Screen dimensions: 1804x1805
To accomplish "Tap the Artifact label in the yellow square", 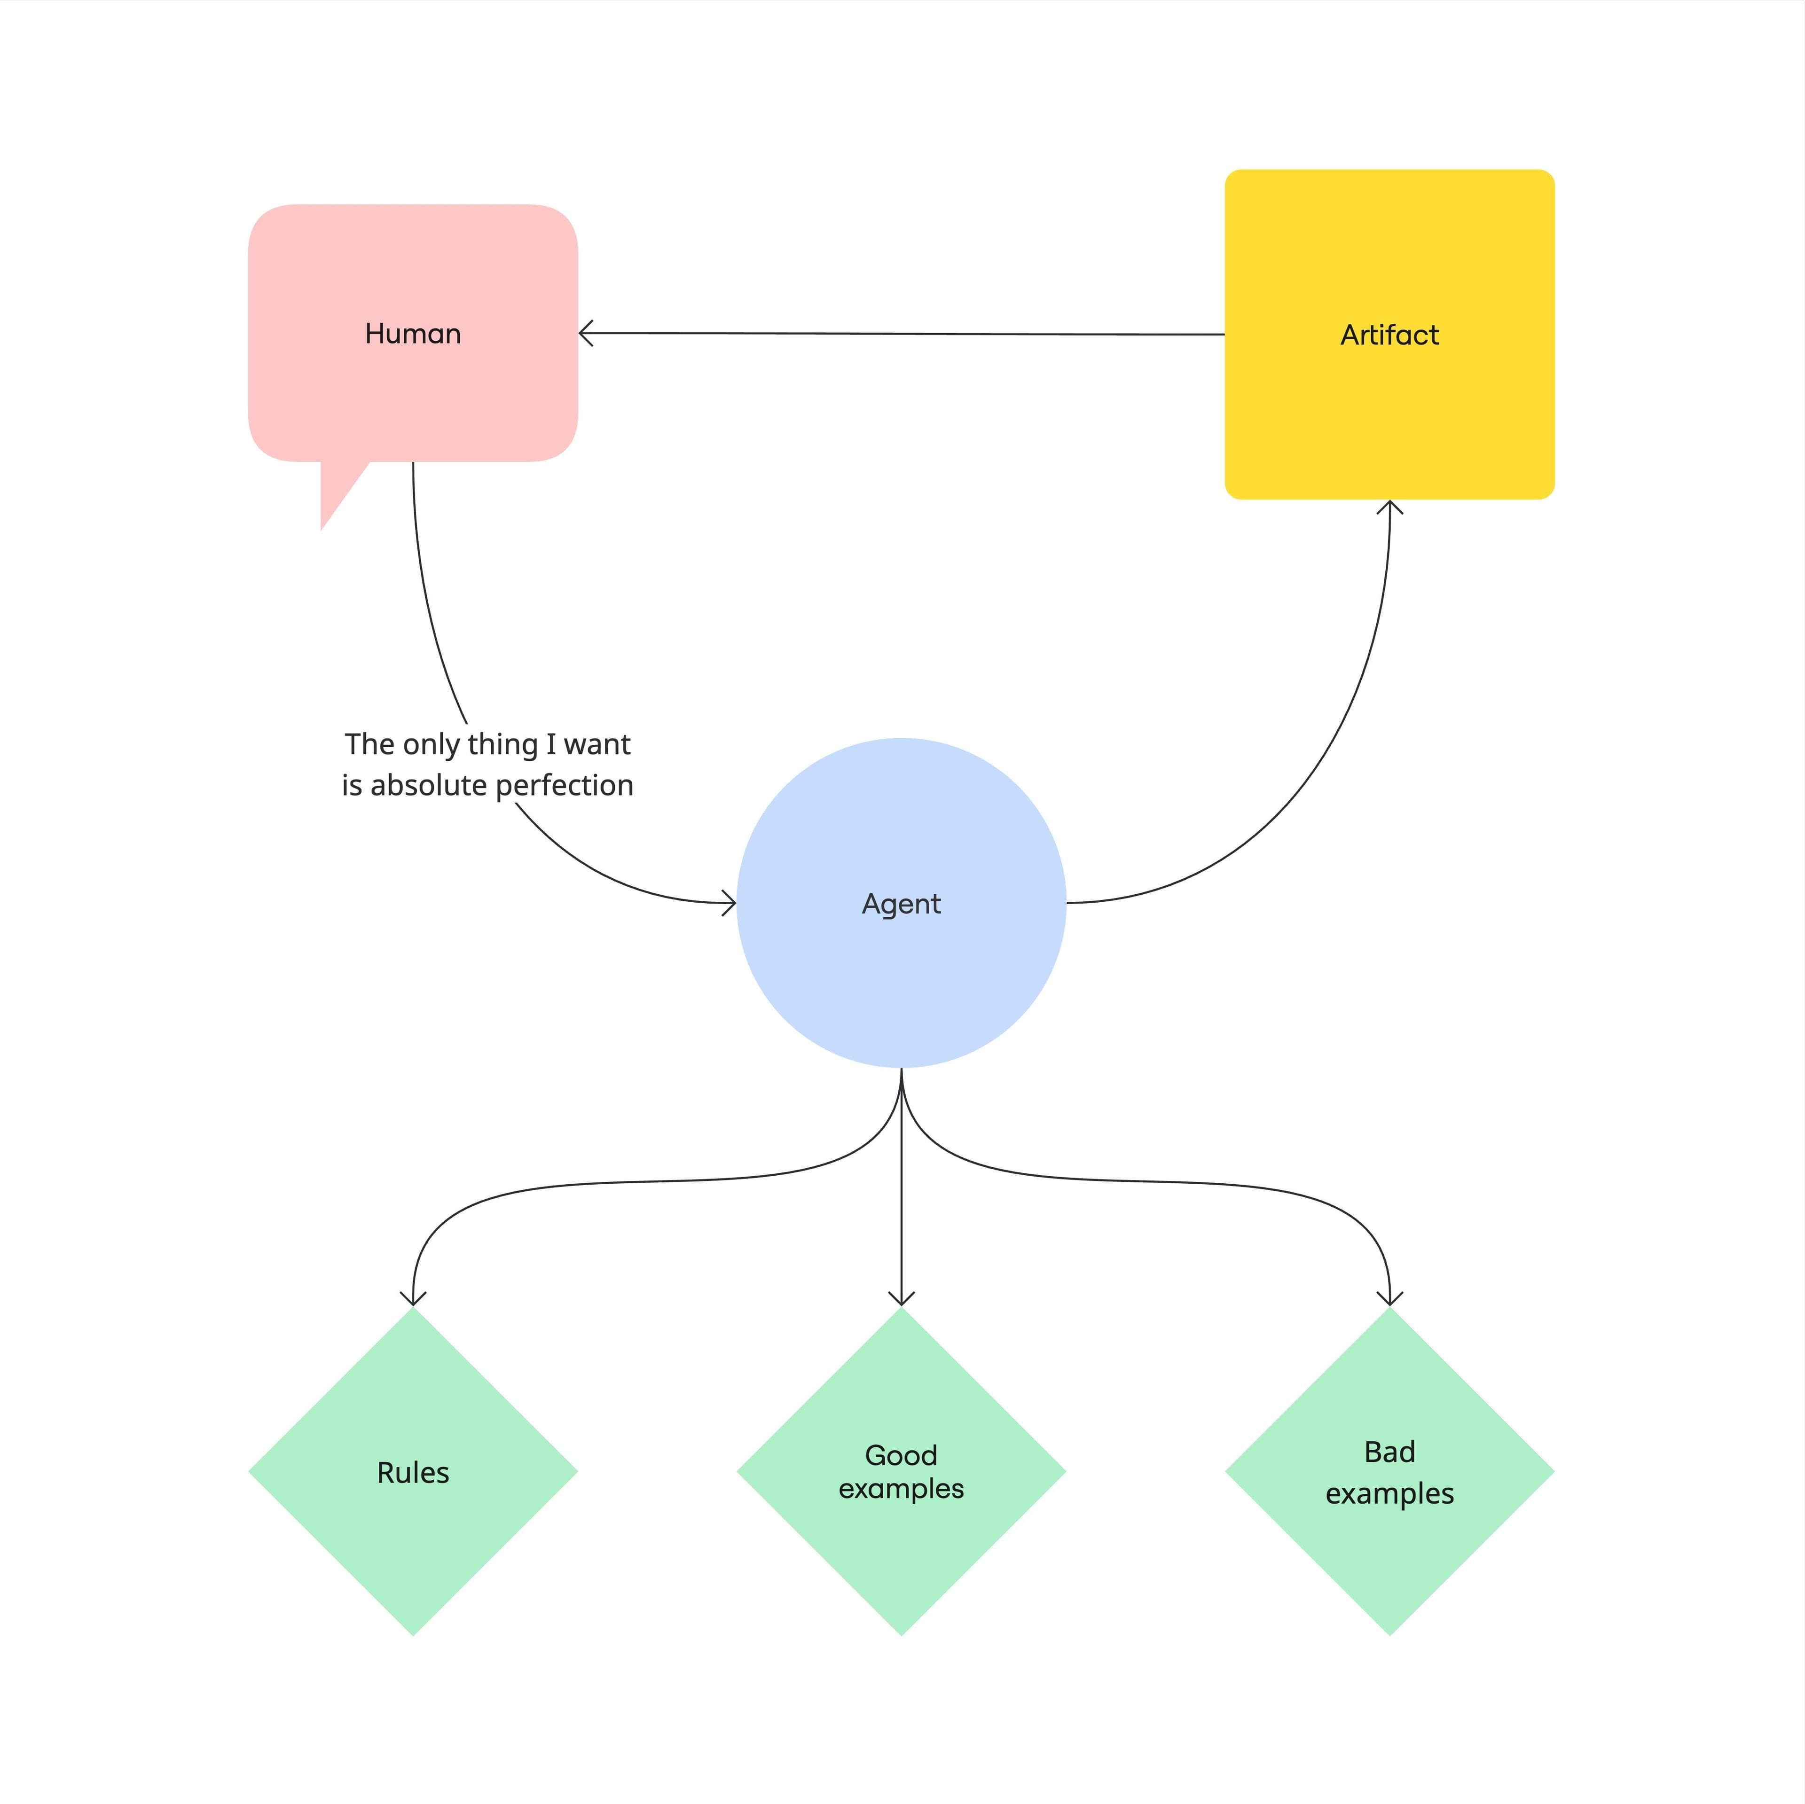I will point(1389,335).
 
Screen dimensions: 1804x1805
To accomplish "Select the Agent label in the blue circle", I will point(901,903).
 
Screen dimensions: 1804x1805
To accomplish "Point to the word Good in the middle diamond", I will point(901,1454).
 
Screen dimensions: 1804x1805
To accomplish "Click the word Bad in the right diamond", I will point(1389,1452).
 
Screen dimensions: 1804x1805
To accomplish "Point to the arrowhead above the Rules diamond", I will point(413,1298).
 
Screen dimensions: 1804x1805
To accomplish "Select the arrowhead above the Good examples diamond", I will point(901,1298).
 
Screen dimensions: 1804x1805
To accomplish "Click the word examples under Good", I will point(901,1489).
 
